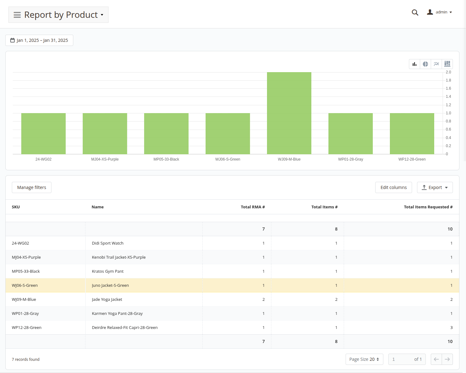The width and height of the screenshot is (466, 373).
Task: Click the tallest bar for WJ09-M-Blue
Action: click(x=289, y=113)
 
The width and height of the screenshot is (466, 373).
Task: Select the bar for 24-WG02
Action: click(x=43, y=134)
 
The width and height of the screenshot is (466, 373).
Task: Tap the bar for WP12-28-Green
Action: click(x=412, y=134)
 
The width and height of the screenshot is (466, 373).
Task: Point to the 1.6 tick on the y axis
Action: click(x=448, y=88)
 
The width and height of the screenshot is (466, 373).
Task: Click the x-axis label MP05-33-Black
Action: click(x=166, y=159)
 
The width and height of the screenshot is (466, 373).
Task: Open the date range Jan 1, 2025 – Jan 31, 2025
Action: click(x=39, y=40)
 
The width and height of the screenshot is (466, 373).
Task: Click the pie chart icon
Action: click(x=425, y=64)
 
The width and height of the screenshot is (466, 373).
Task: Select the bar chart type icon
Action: click(x=414, y=64)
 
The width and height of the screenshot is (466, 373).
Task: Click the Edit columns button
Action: click(x=393, y=187)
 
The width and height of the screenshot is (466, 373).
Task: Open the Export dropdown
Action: click(x=435, y=187)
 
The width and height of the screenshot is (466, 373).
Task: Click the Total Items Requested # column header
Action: click(x=428, y=207)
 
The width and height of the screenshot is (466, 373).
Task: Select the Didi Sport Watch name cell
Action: click(x=108, y=243)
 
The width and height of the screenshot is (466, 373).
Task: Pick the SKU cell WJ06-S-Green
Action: click(x=25, y=285)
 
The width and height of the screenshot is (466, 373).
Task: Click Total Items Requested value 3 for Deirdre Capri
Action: click(x=451, y=327)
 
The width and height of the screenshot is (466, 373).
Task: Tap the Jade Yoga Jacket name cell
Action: click(x=107, y=299)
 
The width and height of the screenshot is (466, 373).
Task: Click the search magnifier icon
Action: click(x=415, y=12)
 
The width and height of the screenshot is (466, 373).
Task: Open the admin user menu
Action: click(x=439, y=12)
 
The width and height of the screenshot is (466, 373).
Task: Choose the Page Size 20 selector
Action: click(x=364, y=359)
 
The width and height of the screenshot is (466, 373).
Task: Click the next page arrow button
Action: click(x=447, y=359)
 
